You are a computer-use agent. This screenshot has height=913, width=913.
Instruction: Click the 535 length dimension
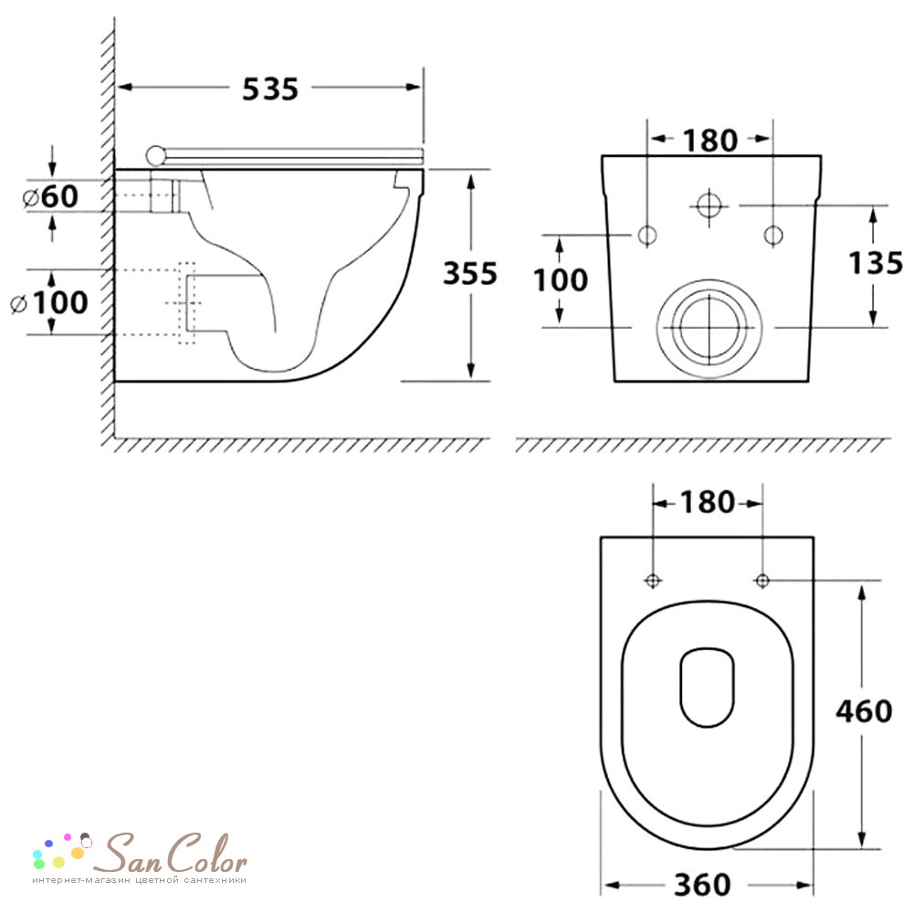point(270,89)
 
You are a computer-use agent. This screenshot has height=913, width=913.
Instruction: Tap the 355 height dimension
point(470,273)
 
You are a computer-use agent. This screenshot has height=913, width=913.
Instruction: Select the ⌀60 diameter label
point(50,196)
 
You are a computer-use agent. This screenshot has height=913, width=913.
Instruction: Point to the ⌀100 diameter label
point(49,302)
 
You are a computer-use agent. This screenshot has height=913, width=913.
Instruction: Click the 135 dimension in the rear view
point(876,263)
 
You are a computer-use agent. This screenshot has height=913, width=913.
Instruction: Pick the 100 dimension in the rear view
point(561,280)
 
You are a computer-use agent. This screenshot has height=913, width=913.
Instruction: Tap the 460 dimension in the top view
point(864,711)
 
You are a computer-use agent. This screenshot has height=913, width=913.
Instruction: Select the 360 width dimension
point(702,885)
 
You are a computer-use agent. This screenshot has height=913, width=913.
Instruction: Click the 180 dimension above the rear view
point(709,141)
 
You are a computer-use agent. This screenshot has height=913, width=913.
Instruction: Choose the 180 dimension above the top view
point(708,502)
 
